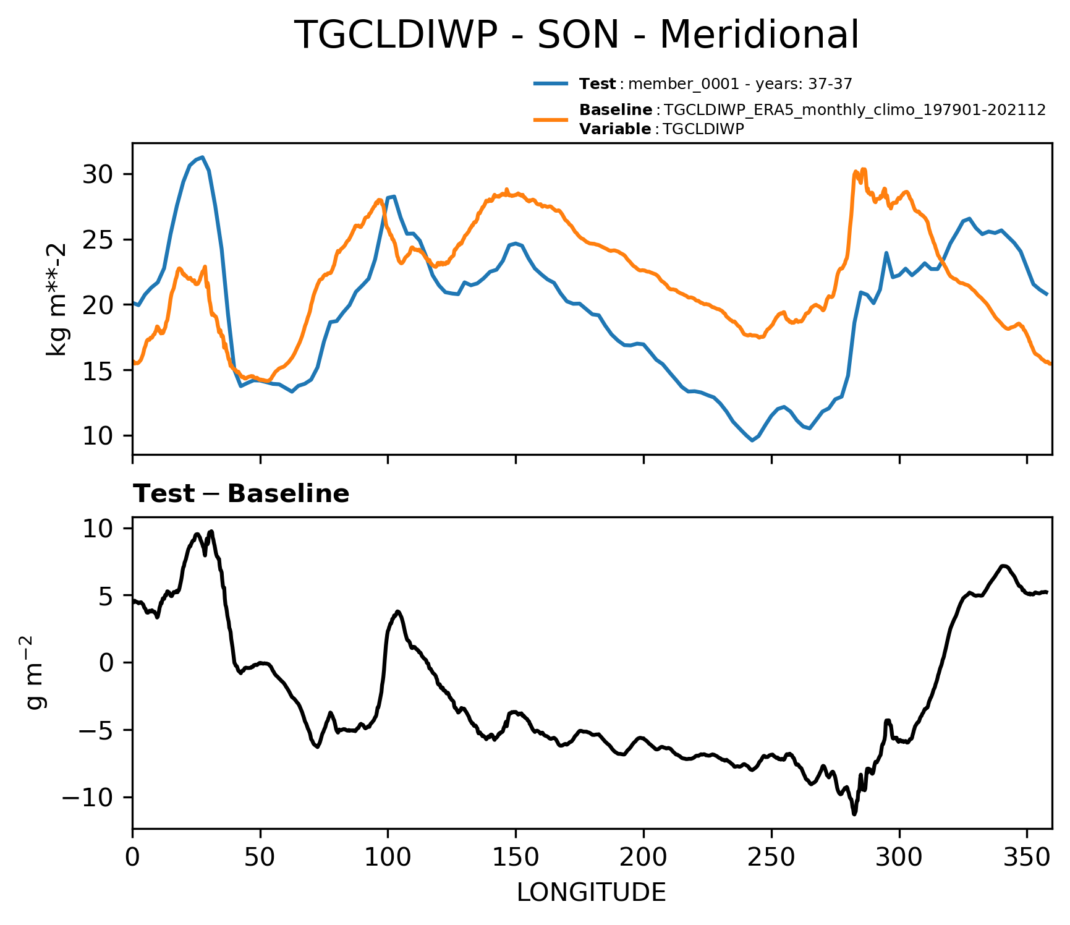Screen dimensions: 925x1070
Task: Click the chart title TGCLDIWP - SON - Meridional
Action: point(575,35)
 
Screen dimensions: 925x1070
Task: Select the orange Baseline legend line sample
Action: point(550,119)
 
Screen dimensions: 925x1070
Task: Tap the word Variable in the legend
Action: point(614,129)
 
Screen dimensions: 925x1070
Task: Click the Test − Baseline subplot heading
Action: point(241,494)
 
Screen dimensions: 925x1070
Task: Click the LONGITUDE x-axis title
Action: point(591,893)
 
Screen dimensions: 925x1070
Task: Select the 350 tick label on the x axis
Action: point(1027,858)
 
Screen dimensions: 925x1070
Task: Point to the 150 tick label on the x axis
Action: point(516,858)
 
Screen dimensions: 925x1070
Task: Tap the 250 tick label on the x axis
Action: point(771,858)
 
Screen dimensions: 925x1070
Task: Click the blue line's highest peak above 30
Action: point(202,157)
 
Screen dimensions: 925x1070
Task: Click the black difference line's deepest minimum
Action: point(854,814)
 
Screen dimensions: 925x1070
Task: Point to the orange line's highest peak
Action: point(863,169)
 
